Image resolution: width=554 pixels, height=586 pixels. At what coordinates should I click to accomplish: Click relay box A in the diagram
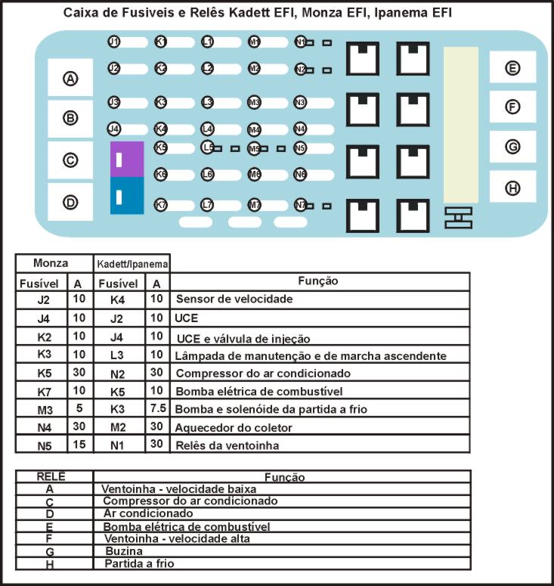[70, 78]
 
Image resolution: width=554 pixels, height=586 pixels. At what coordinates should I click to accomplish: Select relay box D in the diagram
[70, 202]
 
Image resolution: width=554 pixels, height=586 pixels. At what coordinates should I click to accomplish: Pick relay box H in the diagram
[512, 187]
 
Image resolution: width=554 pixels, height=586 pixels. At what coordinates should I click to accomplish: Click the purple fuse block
[126, 159]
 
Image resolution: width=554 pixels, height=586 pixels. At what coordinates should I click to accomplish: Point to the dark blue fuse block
[126, 196]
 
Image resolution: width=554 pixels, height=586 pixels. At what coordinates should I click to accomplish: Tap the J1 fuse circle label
[114, 42]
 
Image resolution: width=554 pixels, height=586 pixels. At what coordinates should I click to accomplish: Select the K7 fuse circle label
[161, 205]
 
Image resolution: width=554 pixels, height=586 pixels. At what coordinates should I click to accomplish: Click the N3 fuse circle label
[300, 101]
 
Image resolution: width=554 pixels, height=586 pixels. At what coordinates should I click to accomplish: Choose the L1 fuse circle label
[208, 42]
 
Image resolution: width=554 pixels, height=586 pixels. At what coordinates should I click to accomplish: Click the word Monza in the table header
[51, 263]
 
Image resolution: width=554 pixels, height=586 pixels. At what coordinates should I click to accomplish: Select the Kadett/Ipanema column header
[132, 264]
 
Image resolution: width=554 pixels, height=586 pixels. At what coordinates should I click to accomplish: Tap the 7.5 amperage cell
[156, 408]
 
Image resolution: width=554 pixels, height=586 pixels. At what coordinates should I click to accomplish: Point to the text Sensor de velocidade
[234, 299]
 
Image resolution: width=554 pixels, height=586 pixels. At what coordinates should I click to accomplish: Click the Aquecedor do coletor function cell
[234, 427]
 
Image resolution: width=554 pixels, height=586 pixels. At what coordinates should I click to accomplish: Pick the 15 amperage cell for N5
[77, 445]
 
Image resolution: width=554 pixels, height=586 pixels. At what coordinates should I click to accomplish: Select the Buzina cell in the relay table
[119, 552]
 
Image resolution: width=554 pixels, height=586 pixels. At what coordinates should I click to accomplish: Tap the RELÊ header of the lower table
[51, 476]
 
